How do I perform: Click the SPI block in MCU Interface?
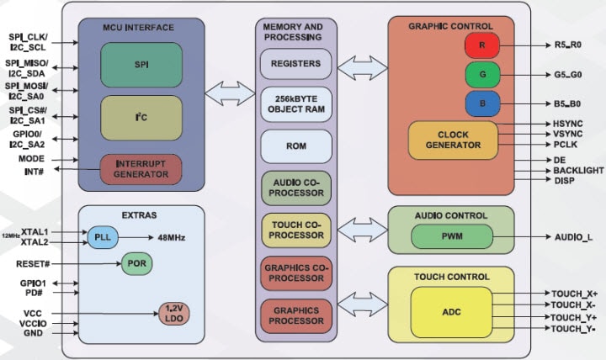[141, 64]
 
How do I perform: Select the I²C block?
[141, 118]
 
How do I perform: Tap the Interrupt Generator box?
[141, 167]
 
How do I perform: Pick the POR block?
[137, 263]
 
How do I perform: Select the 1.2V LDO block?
[175, 313]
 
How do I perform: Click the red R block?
[482, 45]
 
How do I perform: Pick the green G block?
[482, 74]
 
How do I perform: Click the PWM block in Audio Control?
[452, 236]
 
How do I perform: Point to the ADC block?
[451, 311]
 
